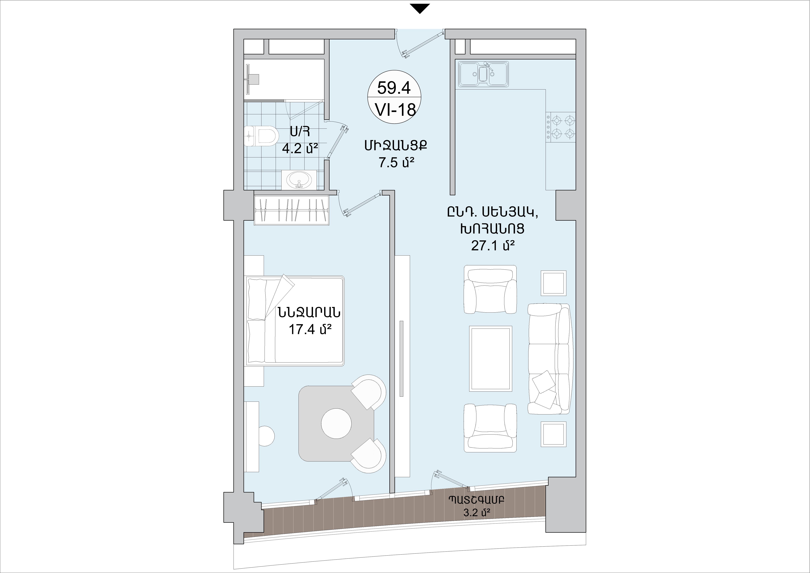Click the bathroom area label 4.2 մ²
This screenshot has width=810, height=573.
pyautogui.click(x=300, y=148)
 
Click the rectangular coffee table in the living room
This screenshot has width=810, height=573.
pyautogui.click(x=490, y=358)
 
